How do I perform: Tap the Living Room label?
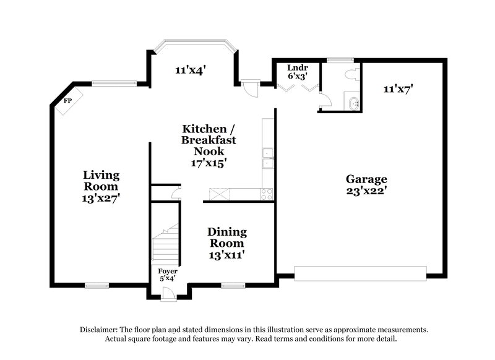tap(101, 181)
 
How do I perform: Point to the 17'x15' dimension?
tap(209, 163)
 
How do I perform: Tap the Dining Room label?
tap(226, 238)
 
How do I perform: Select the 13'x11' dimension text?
tap(226, 255)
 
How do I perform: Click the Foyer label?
tap(167, 271)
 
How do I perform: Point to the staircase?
tap(166, 244)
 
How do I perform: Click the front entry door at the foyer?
tap(167, 297)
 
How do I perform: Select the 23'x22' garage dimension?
tap(366, 191)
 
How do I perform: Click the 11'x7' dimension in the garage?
tap(398, 89)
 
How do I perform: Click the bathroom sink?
tap(353, 103)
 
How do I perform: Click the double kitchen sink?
tap(268, 158)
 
